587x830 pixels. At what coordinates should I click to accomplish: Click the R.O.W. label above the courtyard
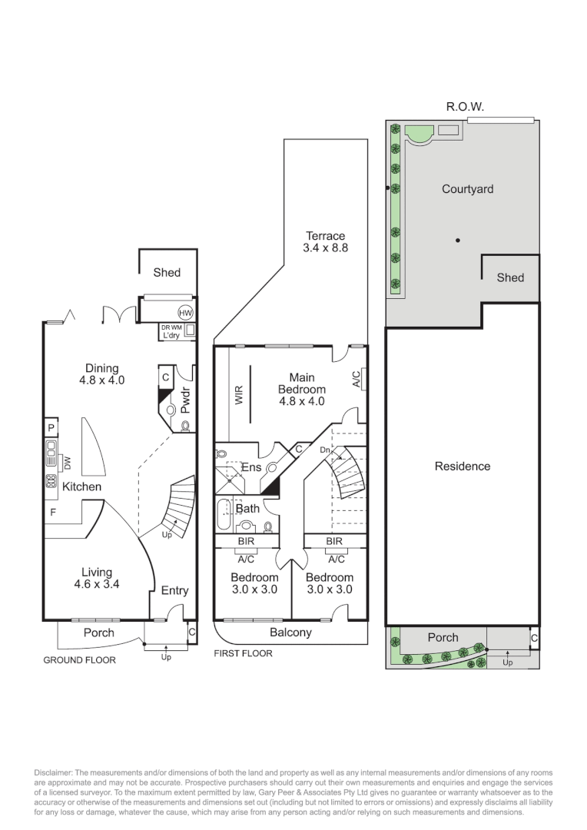pos(465,107)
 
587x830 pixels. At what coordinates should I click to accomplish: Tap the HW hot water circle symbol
pos(185,313)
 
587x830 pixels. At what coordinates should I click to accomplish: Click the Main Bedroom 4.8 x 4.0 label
pos(301,389)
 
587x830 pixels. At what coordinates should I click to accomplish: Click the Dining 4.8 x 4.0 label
pos(101,373)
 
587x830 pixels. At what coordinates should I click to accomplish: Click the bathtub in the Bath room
pos(224,515)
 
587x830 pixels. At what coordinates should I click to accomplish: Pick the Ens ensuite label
pos(251,467)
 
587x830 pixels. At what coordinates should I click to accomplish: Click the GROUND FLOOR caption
pos(79,659)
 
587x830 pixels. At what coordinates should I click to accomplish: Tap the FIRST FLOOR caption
pos(243,653)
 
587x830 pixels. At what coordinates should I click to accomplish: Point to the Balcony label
pos(290,632)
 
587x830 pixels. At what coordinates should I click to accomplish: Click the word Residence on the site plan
pos(462,466)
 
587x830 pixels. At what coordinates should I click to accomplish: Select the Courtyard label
pos(467,188)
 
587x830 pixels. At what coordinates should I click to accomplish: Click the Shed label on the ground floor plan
pos(167,272)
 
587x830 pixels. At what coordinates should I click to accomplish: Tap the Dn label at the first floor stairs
pos(326,450)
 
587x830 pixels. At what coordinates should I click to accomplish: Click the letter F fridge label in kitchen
pos(53,511)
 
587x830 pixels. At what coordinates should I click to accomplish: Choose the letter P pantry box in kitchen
pos(51,428)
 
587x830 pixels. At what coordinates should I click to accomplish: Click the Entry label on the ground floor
pos(174,590)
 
